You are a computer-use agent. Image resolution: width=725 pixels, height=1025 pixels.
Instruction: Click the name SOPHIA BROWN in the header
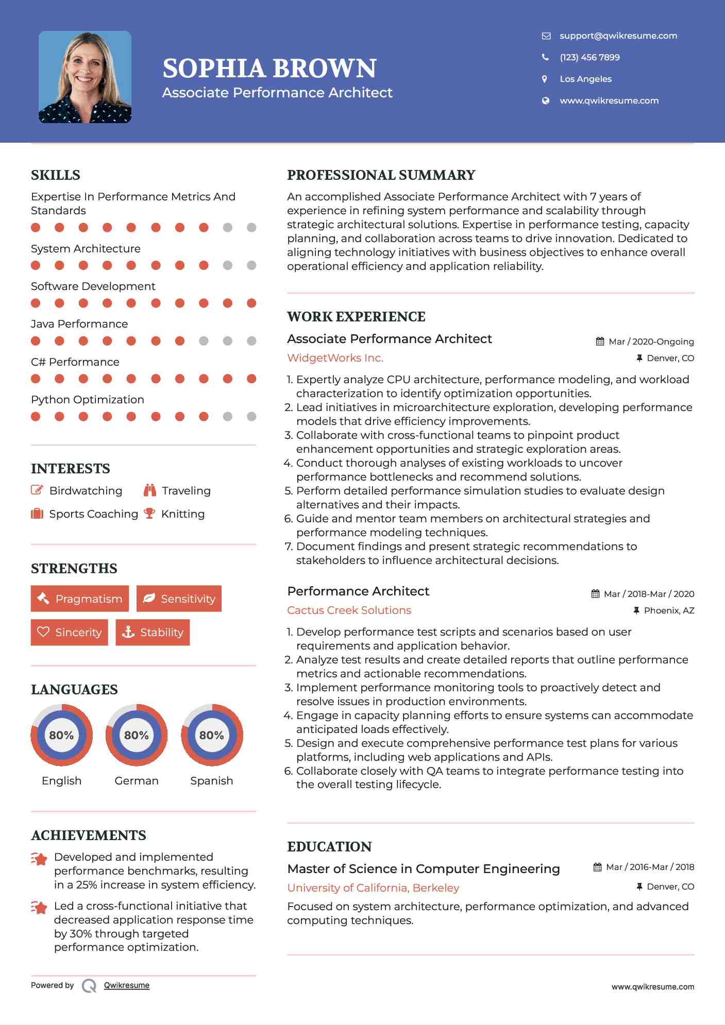(x=269, y=69)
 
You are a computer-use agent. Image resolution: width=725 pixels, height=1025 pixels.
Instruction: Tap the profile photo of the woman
(x=85, y=77)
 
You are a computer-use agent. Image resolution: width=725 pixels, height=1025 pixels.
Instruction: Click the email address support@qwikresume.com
(x=618, y=36)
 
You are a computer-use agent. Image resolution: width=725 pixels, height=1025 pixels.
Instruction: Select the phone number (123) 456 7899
(x=589, y=57)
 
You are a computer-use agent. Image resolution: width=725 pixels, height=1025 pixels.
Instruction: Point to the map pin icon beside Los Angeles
(x=545, y=79)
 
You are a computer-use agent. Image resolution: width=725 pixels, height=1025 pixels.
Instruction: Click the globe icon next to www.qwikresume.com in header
(x=545, y=100)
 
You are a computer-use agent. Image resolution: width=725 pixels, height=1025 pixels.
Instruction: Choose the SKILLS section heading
(x=56, y=175)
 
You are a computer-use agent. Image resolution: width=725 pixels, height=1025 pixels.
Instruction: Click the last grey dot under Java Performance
(x=251, y=341)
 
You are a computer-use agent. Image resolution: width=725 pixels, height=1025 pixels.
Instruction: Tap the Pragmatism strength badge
(x=80, y=599)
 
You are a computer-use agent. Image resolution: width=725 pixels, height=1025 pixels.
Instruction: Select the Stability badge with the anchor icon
(x=153, y=633)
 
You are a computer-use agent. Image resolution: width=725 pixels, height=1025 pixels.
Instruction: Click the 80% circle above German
(x=137, y=735)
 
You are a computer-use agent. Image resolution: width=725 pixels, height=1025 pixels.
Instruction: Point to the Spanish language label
(x=211, y=781)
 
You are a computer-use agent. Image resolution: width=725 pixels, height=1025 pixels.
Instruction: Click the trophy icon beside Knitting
(x=149, y=514)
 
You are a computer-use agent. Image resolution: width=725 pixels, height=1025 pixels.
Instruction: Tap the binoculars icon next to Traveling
(x=150, y=490)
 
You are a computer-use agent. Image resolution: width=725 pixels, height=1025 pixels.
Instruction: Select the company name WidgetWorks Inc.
(x=335, y=358)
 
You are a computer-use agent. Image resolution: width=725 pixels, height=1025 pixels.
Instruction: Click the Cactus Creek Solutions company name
(x=349, y=610)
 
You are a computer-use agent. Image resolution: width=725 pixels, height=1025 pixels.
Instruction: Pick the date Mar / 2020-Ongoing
(x=651, y=341)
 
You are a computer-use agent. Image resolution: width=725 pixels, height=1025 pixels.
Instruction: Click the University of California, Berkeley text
(x=373, y=888)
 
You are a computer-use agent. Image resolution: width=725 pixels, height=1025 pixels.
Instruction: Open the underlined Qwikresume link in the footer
(x=127, y=985)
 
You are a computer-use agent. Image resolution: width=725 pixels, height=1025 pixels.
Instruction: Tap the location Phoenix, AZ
(x=669, y=610)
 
